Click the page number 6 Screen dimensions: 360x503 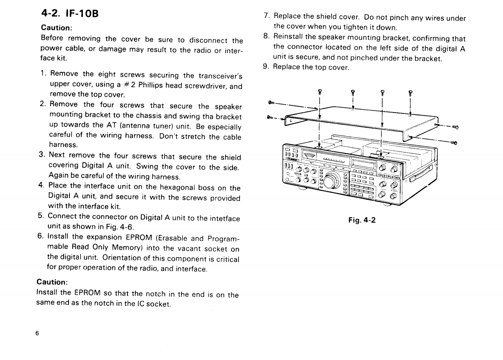point(37,333)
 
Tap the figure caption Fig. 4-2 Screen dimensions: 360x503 point(362,220)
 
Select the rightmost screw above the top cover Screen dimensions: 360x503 point(410,93)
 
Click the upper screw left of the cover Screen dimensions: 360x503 point(271,103)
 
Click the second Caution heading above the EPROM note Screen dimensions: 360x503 point(52,282)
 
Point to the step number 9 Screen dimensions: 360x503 point(265,66)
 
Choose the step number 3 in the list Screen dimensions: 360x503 point(41,154)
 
